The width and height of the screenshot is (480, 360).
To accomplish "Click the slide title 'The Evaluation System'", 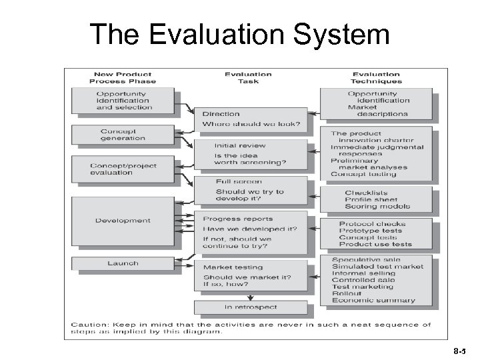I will click(x=239, y=35).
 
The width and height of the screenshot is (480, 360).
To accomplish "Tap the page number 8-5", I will click(x=459, y=347).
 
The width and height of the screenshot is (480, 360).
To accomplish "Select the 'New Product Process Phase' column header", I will click(x=123, y=77).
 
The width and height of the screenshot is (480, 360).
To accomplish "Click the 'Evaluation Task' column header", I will click(x=247, y=77).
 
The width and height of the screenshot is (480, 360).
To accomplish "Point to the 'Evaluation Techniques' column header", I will click(x=375, y=77).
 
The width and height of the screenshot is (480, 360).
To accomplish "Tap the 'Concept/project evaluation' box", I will click(x=125, y=169).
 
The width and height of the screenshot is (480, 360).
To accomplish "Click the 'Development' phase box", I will click(x=125, y=221).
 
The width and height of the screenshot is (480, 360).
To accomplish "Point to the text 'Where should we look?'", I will click(x=251, y=124).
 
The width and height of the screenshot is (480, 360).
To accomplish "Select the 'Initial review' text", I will click(x=240, y=145).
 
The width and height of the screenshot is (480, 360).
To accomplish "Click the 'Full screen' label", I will click(x=239, y=181).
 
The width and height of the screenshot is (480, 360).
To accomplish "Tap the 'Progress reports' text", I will click(x=238, y=219).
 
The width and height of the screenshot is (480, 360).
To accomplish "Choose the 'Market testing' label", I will click(x=233, y=267).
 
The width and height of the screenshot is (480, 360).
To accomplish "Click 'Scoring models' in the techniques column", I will click(x=377, y=207).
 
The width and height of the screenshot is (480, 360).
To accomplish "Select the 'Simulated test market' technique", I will click(x=377, y=266).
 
